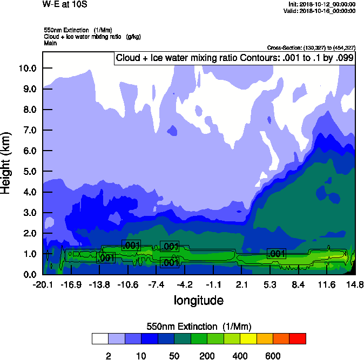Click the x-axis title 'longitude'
(199, 300)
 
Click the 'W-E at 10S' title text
(64, 5)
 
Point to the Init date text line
(322, 4)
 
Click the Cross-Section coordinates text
(311, 47)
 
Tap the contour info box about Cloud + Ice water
(234, 58)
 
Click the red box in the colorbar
(298, 338)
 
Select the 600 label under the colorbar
(273, 356)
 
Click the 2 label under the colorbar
(109, 356)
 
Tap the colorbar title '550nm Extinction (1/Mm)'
(199, 327)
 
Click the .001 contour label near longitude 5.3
(276, 254)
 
